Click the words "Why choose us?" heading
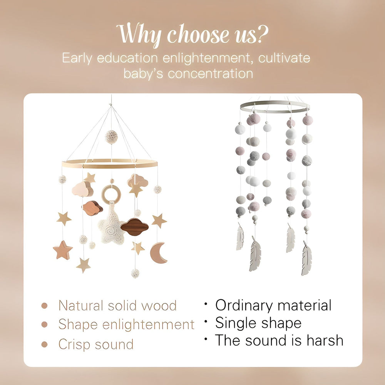point(192,35)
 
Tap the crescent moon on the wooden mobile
point(157,253)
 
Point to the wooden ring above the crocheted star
point(111,194)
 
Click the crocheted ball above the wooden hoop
point(111,137)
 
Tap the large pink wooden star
point(63,250)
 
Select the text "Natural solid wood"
point(117,306)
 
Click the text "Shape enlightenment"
point(126,325)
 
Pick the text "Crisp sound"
point(96,344)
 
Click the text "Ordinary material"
point(273,305)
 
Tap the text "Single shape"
point(258,323)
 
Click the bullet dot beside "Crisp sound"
point(45,344)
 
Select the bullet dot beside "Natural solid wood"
point(45,306)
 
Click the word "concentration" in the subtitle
point(210,73)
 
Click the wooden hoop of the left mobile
point(110,164)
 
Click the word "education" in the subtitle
point(127,59)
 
